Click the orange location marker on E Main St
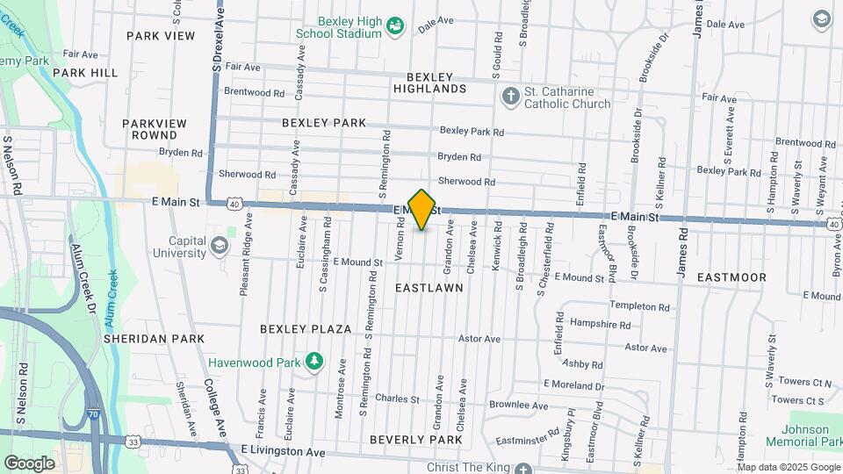(422, 209)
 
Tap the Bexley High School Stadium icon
(395, 27)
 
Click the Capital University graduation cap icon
(220, 242)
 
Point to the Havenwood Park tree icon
(313, 362)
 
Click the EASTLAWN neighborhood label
(429, 287)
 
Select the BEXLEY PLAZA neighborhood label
(306, 329)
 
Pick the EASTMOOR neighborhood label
(731, 276)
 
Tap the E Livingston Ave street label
(283, 452)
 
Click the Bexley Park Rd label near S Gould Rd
(472, 132)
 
